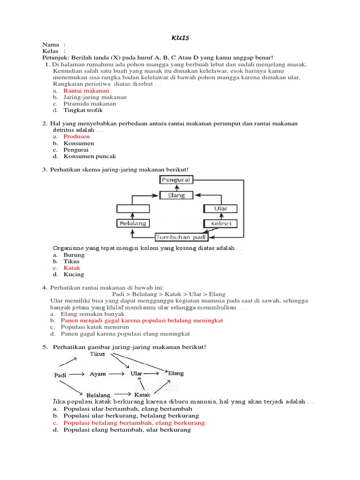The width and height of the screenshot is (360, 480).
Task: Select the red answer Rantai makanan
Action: (86, 90)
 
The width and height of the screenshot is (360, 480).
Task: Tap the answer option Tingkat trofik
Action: (83, 110)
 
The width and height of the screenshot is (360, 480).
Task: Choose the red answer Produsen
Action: (76, 136)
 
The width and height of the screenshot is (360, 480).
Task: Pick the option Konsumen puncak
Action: (90, 156)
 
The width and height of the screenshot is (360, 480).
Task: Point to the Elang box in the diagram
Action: (177, 195)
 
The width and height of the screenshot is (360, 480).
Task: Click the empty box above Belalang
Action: (133, 209)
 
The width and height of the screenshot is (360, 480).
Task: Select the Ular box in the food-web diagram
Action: (220, 209)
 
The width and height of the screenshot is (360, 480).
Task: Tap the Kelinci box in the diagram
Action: (220, 224)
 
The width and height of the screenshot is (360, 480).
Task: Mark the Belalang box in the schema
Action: (133, 224)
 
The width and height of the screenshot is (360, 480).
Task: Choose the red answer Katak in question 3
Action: (72, 268)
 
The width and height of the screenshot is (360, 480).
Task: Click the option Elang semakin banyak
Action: (92, 314)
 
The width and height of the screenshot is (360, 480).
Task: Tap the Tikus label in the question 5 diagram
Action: (97, 354)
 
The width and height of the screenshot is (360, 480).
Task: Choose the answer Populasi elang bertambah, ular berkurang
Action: (127, 429)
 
